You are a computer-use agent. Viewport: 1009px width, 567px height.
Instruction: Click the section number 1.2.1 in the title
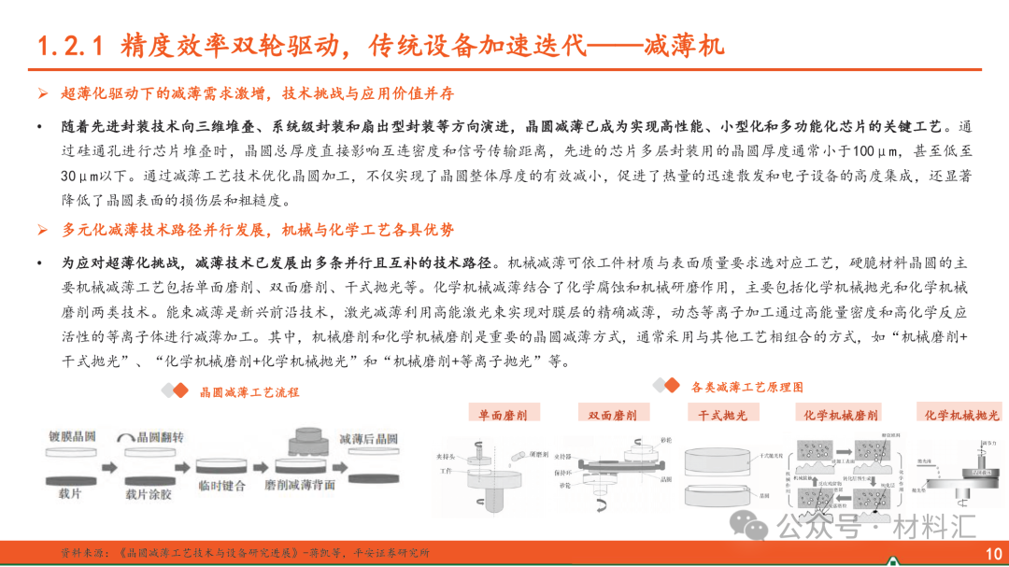coord(71,46)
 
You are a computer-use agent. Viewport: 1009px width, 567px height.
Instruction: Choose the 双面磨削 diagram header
coord(613,414)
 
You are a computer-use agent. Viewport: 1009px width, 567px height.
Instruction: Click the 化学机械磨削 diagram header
coord(840,414)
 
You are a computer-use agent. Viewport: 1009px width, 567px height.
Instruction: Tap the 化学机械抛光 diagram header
coord(961,414)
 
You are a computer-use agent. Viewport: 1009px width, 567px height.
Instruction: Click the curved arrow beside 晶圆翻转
coord(126,438)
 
